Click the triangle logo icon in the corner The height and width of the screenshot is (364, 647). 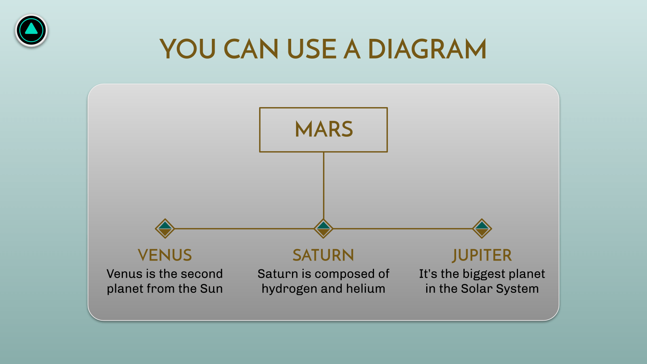(31, 30)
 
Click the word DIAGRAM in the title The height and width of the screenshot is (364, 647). (427, 49)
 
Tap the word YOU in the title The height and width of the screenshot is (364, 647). (188, 49)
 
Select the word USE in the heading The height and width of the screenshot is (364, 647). (312, 49)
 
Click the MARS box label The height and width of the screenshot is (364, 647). (323, 129)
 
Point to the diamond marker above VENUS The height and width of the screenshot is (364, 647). (165, 229)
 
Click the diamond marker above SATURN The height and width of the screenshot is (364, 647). (323, 229)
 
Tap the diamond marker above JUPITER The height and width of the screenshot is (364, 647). (482, 229)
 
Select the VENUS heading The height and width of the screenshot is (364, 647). (165, 255)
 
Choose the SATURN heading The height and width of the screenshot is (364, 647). (323, 255)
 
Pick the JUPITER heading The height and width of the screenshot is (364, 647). (482, 255)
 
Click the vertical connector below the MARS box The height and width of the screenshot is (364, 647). (323, 186)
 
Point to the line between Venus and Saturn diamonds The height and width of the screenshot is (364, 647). (244, 229)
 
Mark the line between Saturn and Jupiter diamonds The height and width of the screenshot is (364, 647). (403, 229)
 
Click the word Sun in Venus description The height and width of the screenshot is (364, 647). (211, 289)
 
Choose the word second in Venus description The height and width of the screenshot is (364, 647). (204, 274)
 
